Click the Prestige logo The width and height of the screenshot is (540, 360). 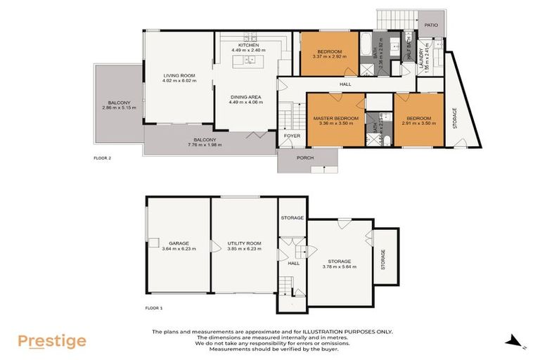tap(52, 342)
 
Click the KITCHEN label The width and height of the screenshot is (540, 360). tap(249, 44)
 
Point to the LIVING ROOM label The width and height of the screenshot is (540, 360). tap(179, 75)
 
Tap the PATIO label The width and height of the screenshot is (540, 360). tap(431, 25)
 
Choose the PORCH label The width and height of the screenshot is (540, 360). tap(305, 157)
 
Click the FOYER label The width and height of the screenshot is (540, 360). tap(291, 136)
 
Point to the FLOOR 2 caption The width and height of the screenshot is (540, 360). tap(103, 158)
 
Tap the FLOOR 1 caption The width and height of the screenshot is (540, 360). tap(153, 308)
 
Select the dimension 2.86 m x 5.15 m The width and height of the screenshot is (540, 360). tap(117, 108)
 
